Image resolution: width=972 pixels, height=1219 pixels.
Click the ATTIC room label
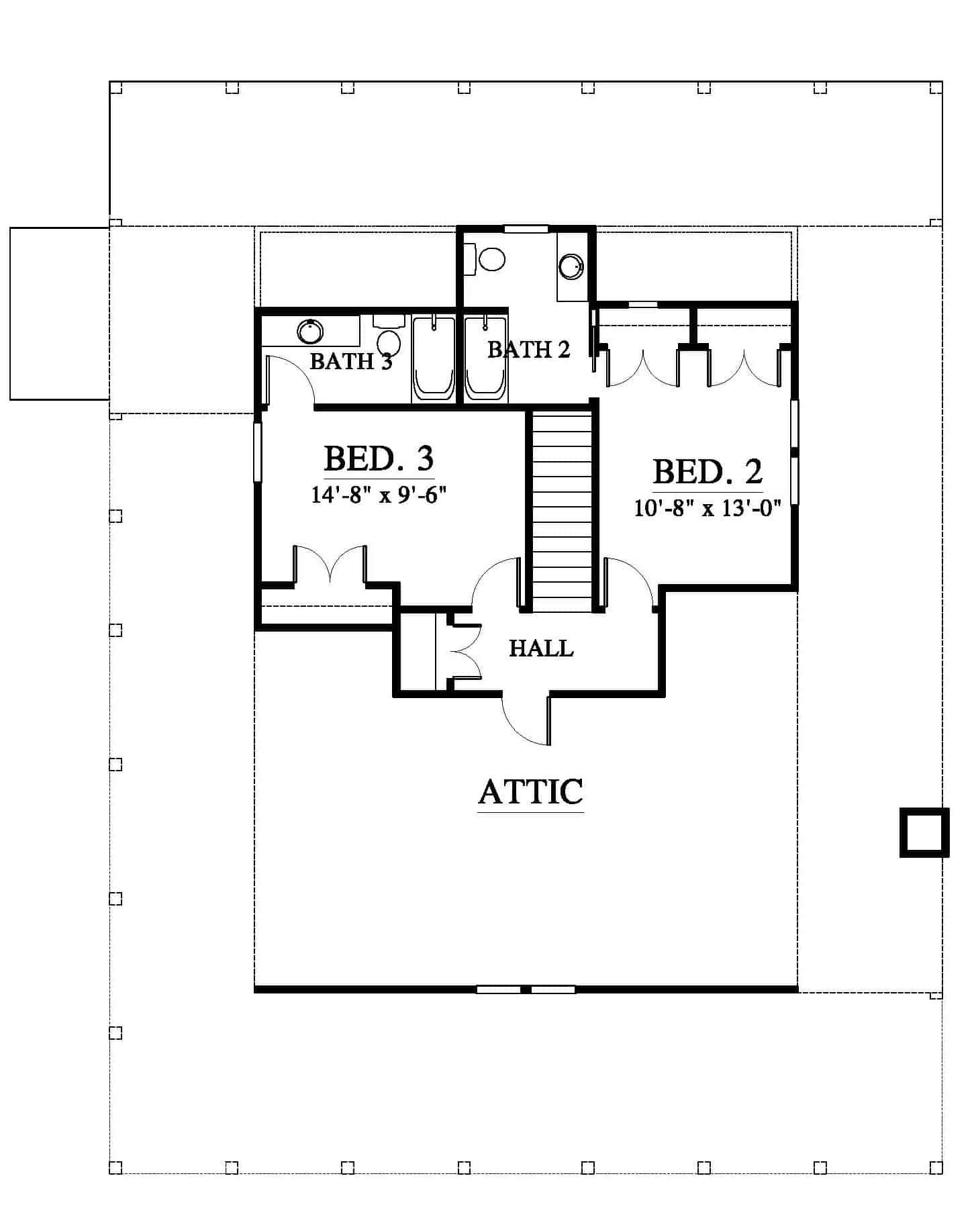530,791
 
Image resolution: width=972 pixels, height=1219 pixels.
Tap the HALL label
541,648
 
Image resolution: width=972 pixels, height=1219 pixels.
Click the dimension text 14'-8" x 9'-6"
379,495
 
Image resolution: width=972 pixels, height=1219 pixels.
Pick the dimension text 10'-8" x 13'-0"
708,508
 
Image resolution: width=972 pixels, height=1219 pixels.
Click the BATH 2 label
528,349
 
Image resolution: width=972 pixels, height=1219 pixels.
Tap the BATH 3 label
351,361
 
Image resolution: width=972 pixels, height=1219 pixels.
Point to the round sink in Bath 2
572,266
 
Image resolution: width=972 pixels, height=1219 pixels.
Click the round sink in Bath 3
310,331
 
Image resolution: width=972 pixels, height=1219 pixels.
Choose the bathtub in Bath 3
434,358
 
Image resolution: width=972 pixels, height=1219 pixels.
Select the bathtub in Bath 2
485,358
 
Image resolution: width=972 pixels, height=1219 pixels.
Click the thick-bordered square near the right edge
924,832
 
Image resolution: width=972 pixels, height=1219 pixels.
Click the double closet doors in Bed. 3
330,564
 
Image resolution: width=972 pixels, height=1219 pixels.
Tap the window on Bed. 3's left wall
258,452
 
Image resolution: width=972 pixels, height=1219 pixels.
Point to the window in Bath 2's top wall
526,229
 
